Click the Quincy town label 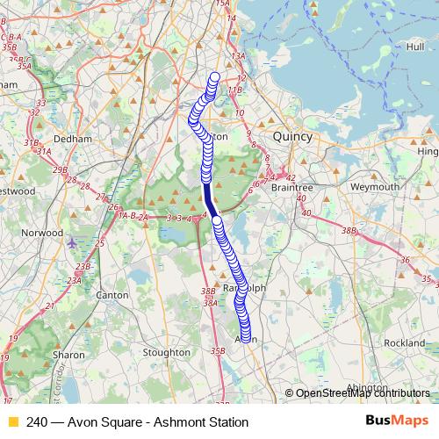point(292,137)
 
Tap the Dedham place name point(72,139)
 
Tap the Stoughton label point(166,352)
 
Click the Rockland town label point(404,342)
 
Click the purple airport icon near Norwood point(71,241)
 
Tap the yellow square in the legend point(13,421)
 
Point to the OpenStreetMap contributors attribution point(362,393)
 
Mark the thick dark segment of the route point(208,195)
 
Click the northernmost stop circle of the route point(215,76)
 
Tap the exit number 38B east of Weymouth point(350,230)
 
